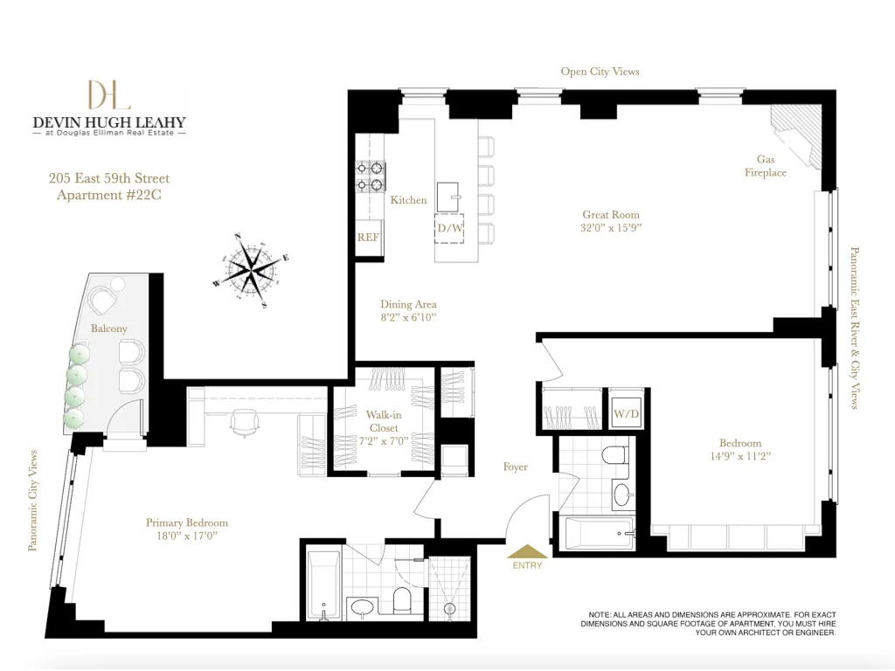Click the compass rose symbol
click(253, 268)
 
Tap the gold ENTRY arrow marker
click(527, 551)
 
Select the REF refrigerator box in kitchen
click(369, 237)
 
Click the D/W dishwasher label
click(450, 228)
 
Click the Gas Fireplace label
click(766, 166)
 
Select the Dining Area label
click(408, 305)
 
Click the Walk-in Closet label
click(384, 421)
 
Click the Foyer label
click(516, 467)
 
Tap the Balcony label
click(109, 329)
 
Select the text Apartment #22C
click(109, 195)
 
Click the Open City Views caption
click(600, 72)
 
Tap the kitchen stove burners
click(371, 176)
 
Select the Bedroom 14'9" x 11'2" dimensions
click(740, 455)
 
